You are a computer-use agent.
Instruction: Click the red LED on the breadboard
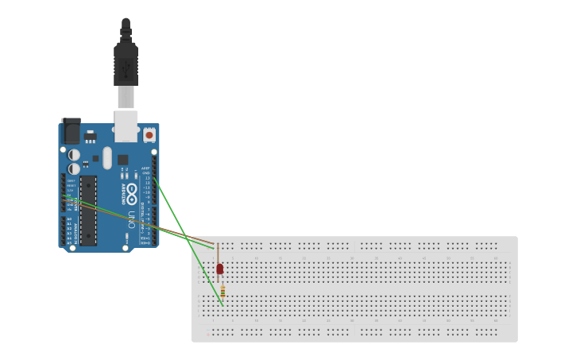click(x=220, y=269)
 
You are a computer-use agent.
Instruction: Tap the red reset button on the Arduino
click(x=149, y=136)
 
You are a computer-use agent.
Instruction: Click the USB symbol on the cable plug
click(x=126, y=71)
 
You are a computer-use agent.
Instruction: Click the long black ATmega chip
click(x=87, y=210)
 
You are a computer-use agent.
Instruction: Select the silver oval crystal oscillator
click(x=107, y=157)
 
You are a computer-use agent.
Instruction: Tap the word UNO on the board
click(x=130, y=218)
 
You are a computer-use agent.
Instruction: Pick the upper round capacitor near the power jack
click(x=74, y=154)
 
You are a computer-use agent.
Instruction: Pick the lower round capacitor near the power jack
click(x=74, y=168)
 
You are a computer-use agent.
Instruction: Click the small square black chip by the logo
click(x=122, y=160)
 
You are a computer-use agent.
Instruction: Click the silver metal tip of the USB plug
click(x=126, y=97)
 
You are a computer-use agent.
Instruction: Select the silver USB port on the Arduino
click(x=126, y=126)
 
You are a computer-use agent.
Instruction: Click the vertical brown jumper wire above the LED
click(x=218, y=253)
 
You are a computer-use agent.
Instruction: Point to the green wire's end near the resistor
click(x=222, y=304)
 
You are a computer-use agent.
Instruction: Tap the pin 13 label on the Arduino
click(x=146, y=178)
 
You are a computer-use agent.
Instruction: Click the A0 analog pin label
click(x=69, y=219)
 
